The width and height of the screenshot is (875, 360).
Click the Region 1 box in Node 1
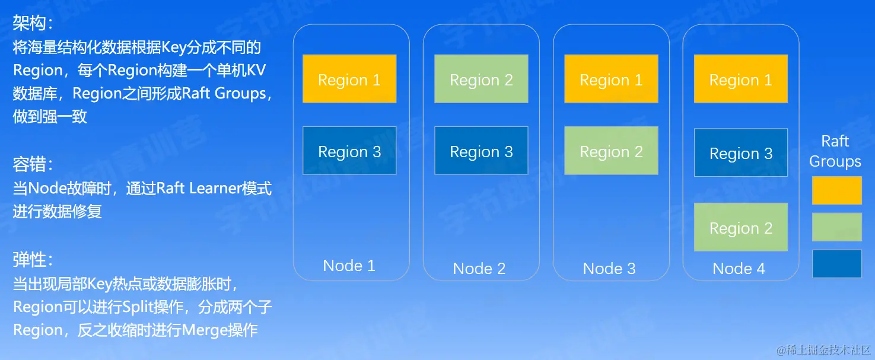click(349, 79)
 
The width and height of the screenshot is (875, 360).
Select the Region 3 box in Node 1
click(349, 150)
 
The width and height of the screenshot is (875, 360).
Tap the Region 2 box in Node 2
click(481, 79)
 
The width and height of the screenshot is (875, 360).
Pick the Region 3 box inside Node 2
click(481, 150)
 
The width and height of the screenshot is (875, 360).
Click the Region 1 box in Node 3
click(612, 79)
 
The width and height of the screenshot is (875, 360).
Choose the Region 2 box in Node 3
click(612, 150)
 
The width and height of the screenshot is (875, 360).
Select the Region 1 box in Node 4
click(741, 79)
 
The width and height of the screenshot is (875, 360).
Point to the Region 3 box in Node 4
click(741, 152)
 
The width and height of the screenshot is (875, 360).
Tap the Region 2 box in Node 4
click(741, 227)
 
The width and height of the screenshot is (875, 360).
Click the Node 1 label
click(349, 266)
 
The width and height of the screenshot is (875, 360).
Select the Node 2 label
click(479, 269)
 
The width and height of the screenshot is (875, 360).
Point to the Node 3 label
click(609, 269)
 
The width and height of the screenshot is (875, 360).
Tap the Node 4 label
click(739, 269)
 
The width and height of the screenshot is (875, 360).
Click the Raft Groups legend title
click(835, 151)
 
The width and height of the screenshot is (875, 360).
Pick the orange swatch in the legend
click(837, 190)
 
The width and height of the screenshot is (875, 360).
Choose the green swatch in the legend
click(837, 227)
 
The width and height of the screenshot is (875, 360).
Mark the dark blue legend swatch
click(837, 263)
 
